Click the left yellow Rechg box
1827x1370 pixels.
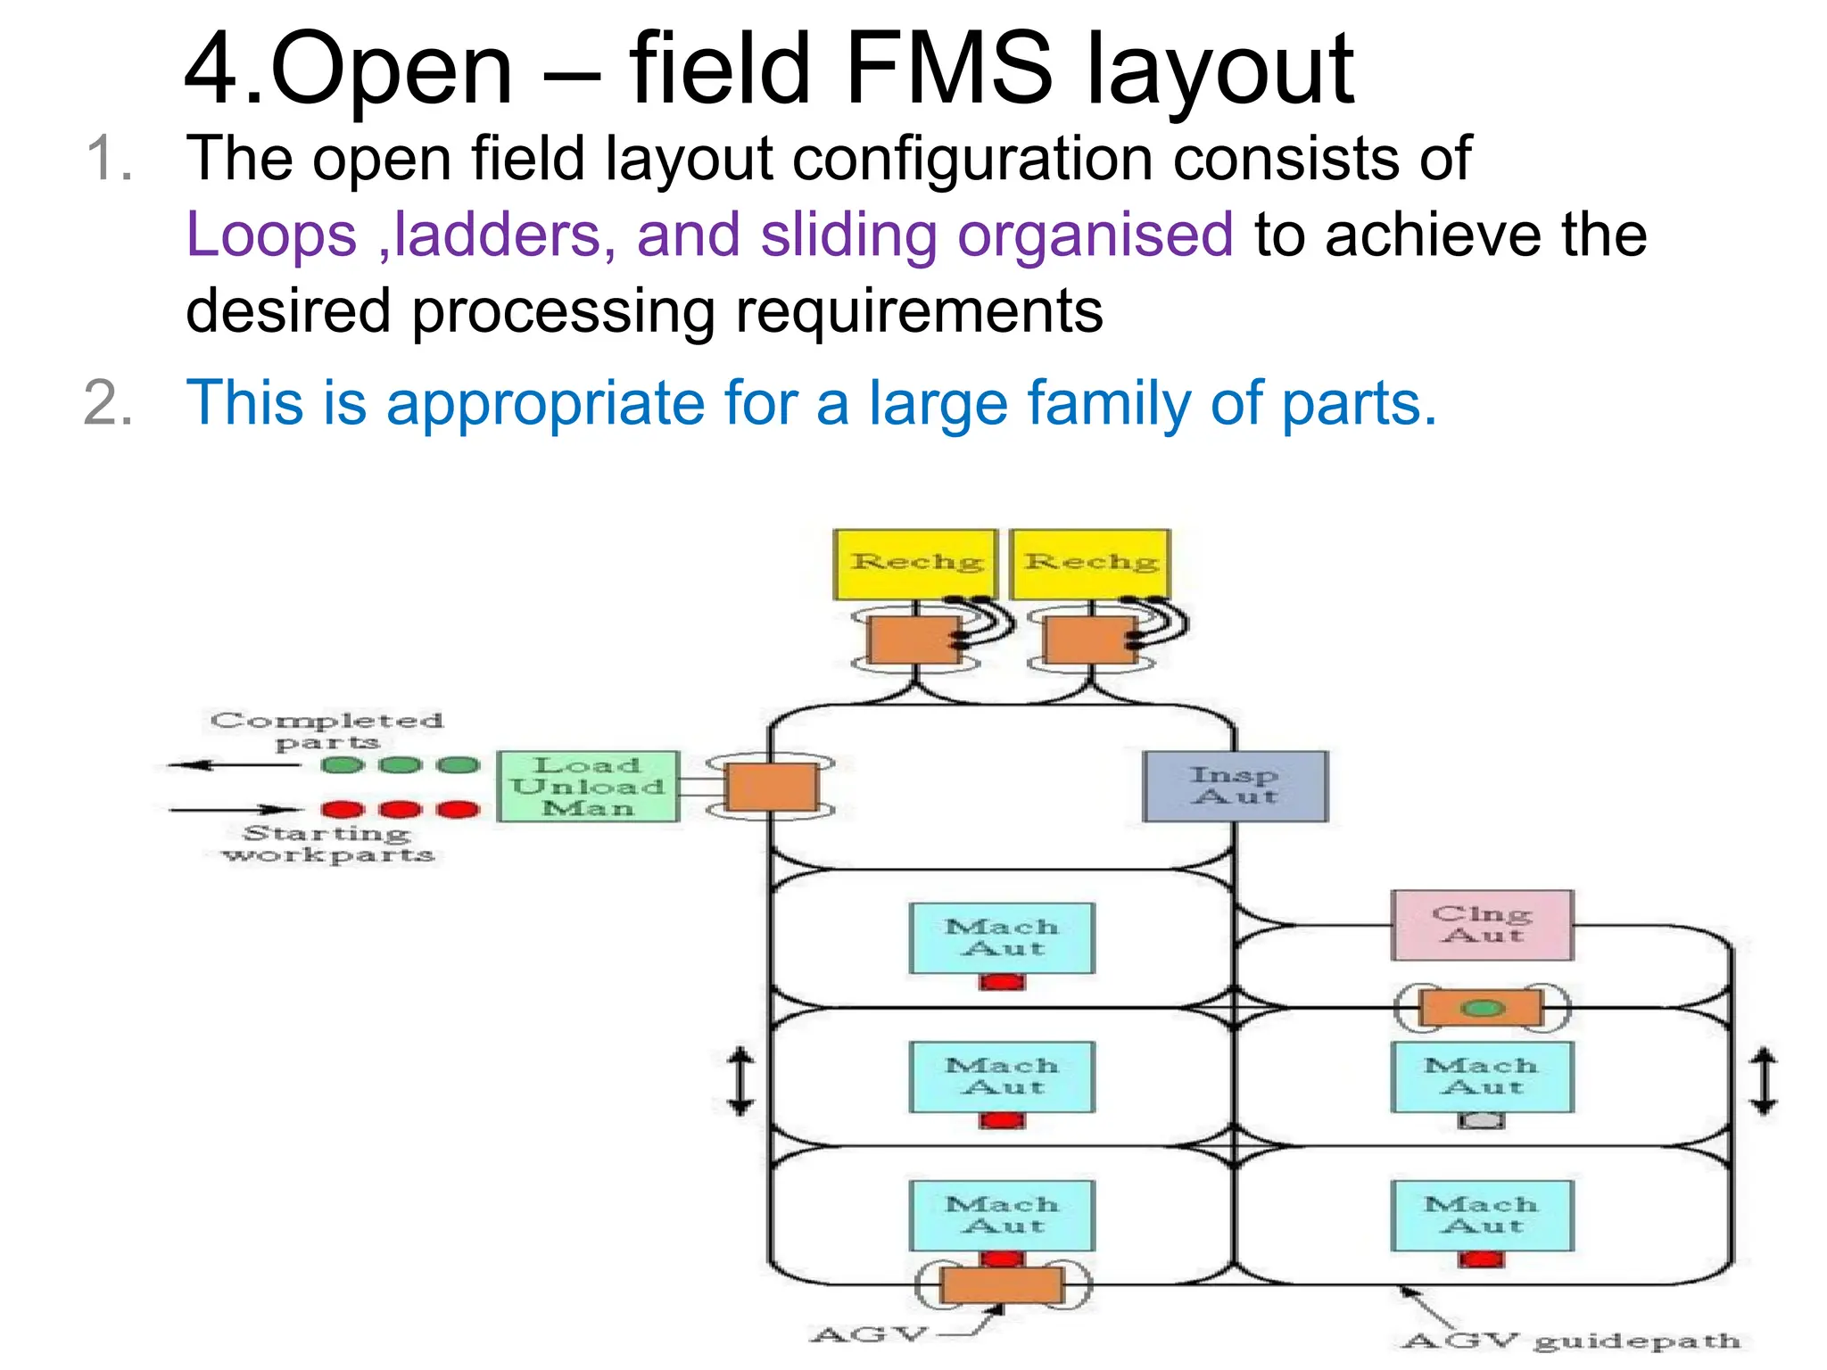point(915,564)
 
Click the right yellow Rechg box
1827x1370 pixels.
point(1090,564)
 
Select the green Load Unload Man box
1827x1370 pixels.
point(588,786)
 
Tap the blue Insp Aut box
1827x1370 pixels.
point(1236,786)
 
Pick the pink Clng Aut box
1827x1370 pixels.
point(1482,925)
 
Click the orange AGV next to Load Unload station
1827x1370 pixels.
point(772,787)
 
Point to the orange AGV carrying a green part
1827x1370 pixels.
point(1482,1008)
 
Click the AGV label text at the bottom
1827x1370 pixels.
point(870,1334)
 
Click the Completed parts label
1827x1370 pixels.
point(327,730)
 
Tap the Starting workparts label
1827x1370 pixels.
point(328,844)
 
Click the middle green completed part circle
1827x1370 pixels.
point(401,765)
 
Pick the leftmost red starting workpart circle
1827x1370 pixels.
point(343,810)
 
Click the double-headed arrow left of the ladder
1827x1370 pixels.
point(740,1081)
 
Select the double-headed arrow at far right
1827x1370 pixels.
point(1763,1081)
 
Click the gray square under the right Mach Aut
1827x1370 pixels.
point(1481,1121)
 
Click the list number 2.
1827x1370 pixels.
point(108,403)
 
